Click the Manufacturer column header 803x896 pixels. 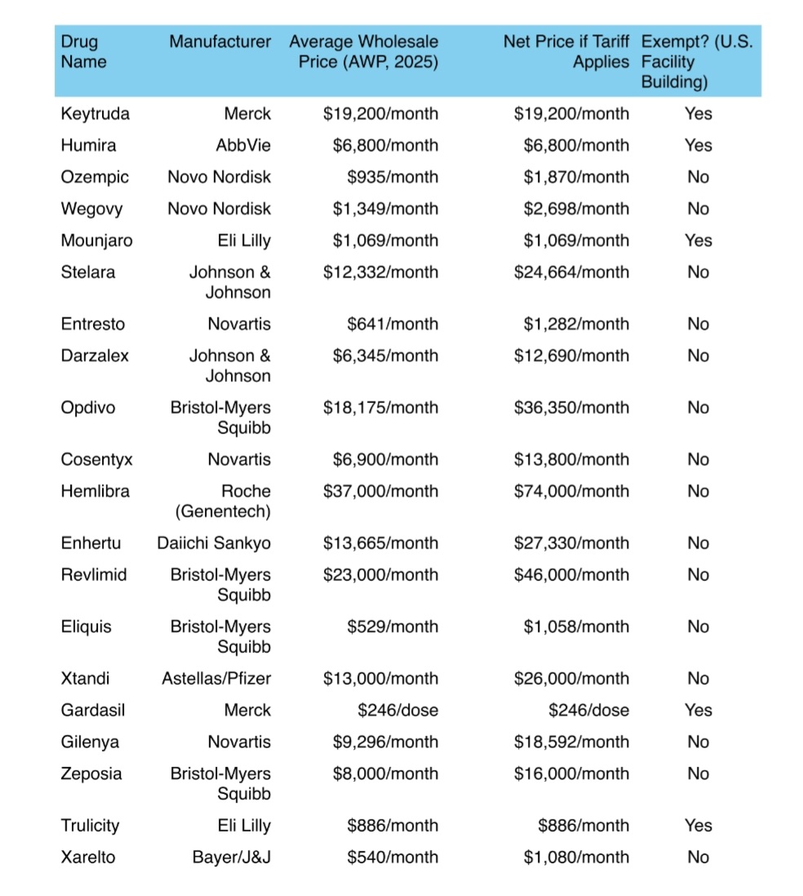(220, 42)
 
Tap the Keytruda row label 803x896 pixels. (95, 113)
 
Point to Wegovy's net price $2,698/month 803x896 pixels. (576, 209)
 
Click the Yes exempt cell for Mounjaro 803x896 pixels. (698, 241)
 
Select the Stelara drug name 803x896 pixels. (87, 273)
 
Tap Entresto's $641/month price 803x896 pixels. (392, 324)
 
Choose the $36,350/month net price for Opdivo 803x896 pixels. (571, 408)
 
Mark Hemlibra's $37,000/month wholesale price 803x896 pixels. (380, 491)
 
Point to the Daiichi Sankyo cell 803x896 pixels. (214, 543)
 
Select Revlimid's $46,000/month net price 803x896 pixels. (571, 575)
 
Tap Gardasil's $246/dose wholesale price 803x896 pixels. (397, 711)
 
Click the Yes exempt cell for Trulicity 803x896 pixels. (698, 826)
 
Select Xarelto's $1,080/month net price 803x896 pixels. (576, 858)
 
